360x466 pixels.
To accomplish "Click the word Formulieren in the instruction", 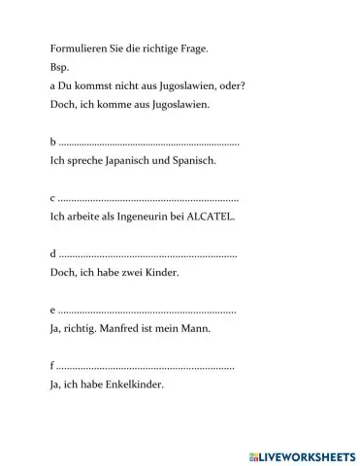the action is click(x=76, y=48).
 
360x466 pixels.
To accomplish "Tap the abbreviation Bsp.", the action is click(x=57, y=68).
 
